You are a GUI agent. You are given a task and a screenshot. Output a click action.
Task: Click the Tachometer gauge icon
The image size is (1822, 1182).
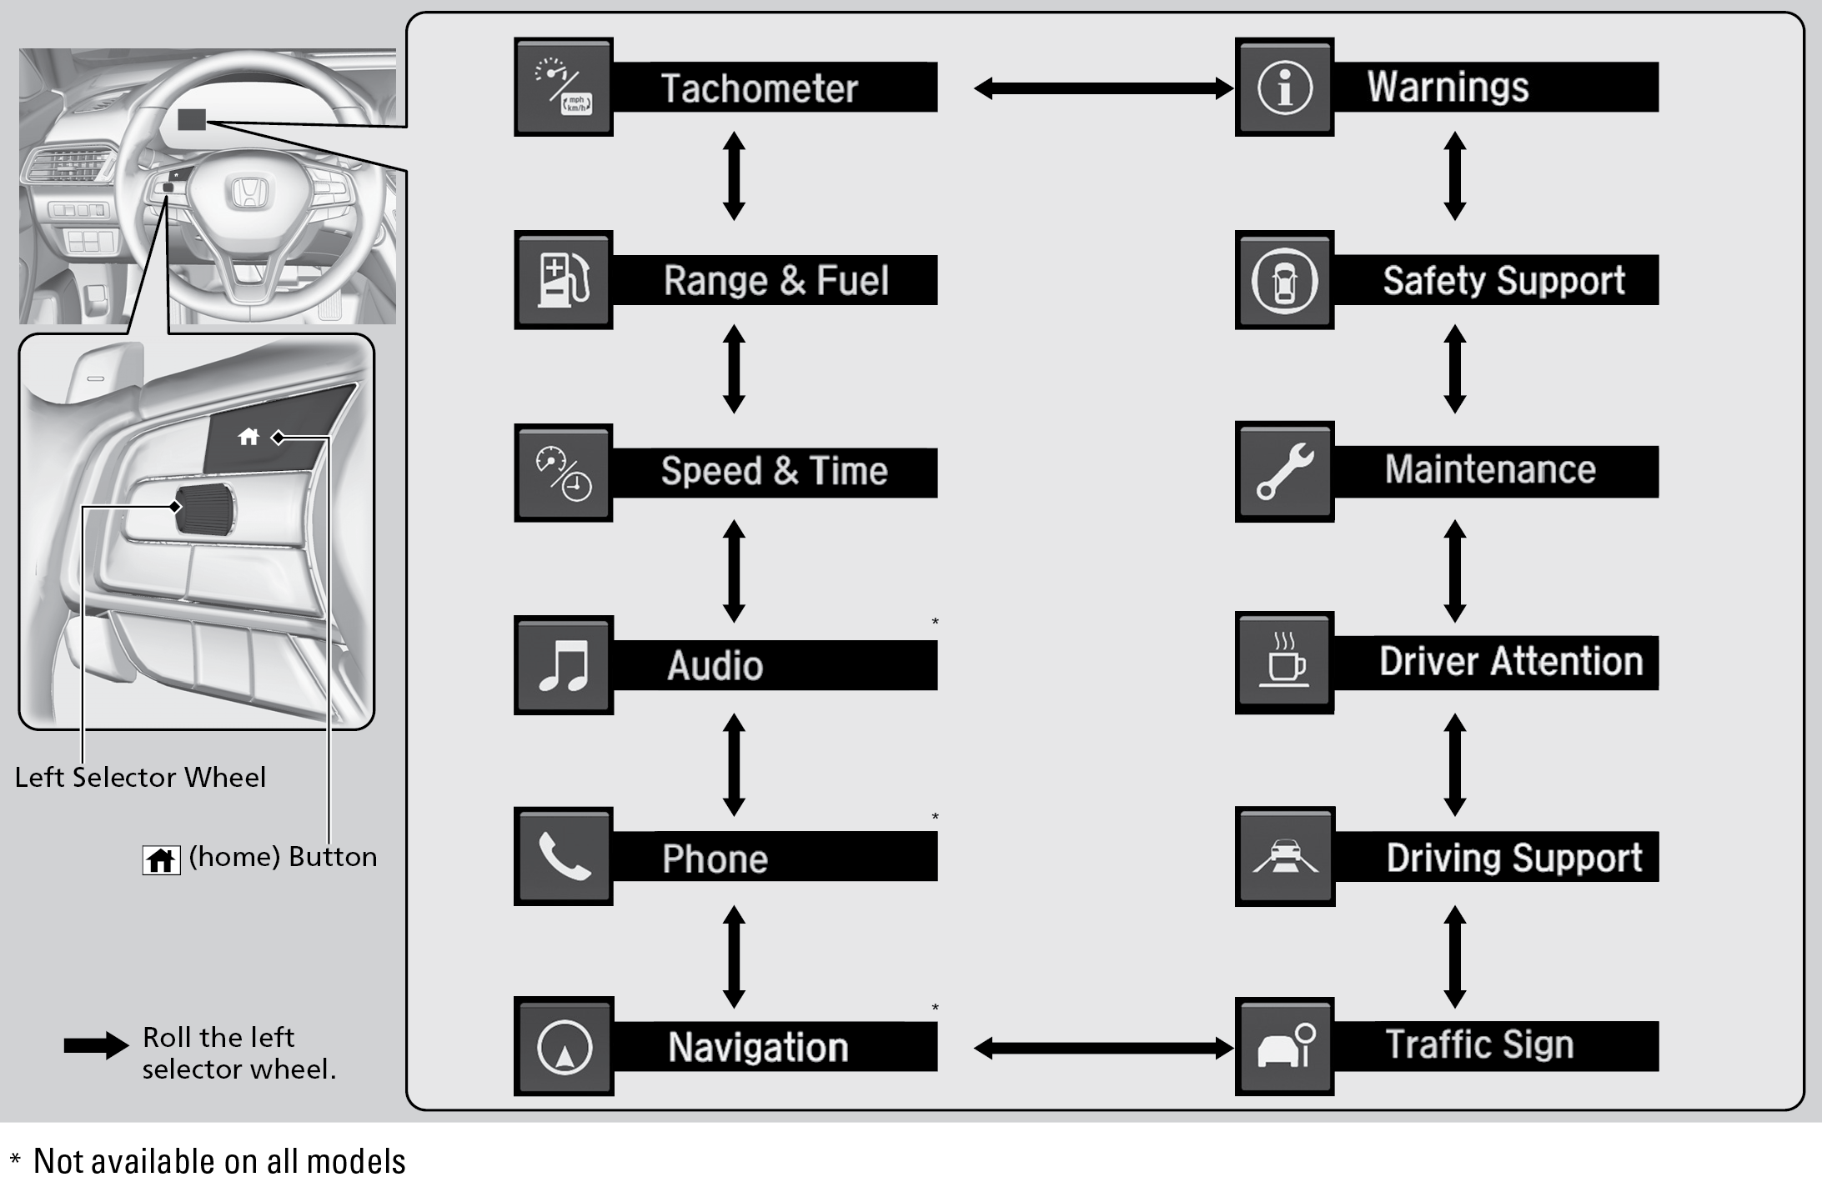(x=564, y=87)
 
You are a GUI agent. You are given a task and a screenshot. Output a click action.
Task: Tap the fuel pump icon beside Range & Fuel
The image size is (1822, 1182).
(x=564, y=280)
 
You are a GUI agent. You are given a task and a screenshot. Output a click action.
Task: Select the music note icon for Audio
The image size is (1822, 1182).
(x=564, y=665)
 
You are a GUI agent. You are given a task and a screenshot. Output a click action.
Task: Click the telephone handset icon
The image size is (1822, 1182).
(x=564, y=857)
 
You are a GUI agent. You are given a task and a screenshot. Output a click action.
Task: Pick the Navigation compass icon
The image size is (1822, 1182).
(x=564, y=1047)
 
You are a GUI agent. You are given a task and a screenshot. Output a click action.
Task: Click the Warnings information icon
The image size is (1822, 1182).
(x=1284, y=87)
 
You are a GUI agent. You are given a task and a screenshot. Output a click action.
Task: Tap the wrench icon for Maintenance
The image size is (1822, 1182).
(x=1284, y=472)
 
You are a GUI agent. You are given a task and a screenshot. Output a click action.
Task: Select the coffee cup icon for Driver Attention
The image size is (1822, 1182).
(x=1284, y=662)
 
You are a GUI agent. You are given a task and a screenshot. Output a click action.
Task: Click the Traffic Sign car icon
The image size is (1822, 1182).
(x=1284, y=1047)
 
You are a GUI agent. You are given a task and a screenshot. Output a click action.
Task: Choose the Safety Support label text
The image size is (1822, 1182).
(x=1503, y=281)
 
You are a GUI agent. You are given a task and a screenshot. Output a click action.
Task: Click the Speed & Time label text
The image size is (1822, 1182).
(x=774, y=472)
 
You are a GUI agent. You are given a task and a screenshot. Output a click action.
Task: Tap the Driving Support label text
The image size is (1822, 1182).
(x=1513, y=858)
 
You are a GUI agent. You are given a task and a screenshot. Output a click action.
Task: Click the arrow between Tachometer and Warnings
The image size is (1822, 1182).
(x=1103, y=88)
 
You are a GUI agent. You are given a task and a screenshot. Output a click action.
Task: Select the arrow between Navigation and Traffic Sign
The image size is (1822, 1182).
(x=1103, y=1048)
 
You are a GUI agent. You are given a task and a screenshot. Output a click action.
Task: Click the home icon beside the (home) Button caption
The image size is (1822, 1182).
(x=161, y=859)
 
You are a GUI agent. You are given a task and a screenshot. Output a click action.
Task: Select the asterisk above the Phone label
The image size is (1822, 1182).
(x=935, y=816)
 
